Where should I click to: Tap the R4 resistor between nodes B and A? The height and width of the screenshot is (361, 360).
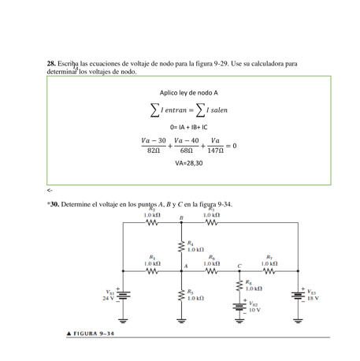182,246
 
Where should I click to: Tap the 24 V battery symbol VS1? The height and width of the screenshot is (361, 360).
124,296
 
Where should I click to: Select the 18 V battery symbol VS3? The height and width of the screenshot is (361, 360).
299,295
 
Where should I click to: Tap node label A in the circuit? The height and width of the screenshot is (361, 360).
187,266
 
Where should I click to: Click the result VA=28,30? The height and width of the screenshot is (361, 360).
188,164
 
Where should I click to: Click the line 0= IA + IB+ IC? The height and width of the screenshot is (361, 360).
188,126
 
